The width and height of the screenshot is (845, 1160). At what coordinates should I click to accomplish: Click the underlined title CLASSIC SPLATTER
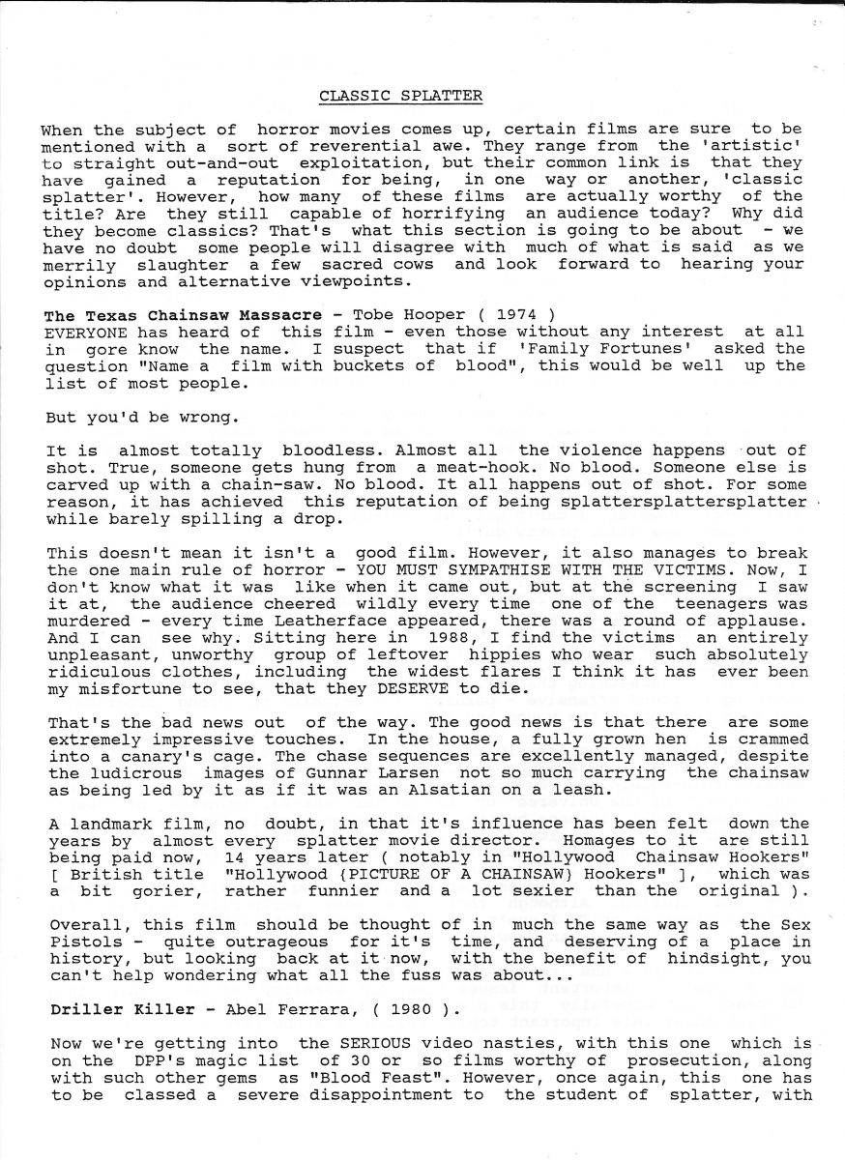click(401, 95)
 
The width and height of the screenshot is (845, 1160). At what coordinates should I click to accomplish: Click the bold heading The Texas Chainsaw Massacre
click(183, 315)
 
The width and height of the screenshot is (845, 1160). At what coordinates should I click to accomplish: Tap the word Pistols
click(81, 942)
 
